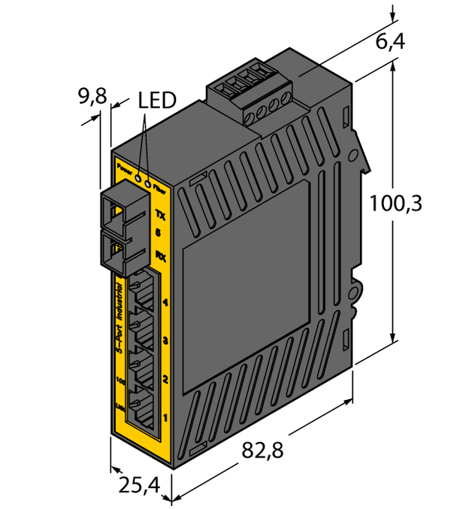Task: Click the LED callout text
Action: (x=157, y=100)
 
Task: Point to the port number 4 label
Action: (x=165, y=304)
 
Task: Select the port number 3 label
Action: (x=165, y=341)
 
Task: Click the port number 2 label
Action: (x=165, y=380)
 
